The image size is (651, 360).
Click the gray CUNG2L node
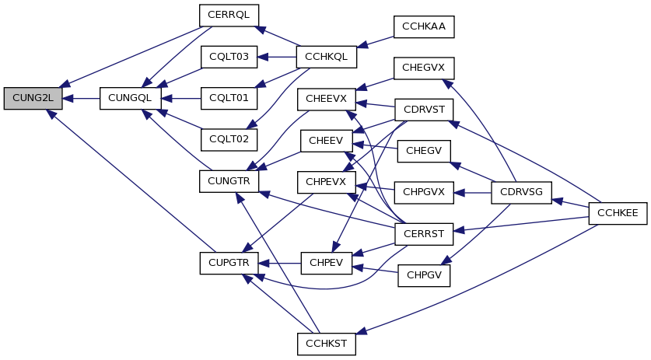point(33,99)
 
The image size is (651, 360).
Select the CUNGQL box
point(131,99)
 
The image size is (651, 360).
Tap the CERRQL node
point(229,16)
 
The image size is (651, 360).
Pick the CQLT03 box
point(229,57)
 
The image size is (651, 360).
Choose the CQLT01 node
point(229,99)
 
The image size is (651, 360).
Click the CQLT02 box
point(229,140)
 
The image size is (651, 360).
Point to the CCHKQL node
point(327,57)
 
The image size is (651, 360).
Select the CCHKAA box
point(424,27)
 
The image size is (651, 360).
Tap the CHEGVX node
point(424,68)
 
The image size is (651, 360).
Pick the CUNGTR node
point(229,181)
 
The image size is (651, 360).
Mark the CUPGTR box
point(229,264)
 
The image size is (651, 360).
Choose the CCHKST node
point(327,344)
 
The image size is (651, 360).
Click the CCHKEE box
point(618,213)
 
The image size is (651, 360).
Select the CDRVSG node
point(521,193)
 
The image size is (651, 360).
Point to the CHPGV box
point(424,275)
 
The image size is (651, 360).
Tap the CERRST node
point(424,234)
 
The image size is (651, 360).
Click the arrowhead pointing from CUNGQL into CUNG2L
point(68,99)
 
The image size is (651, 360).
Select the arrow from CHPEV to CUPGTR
point(280,264)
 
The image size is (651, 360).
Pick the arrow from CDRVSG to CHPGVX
point(472,193)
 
